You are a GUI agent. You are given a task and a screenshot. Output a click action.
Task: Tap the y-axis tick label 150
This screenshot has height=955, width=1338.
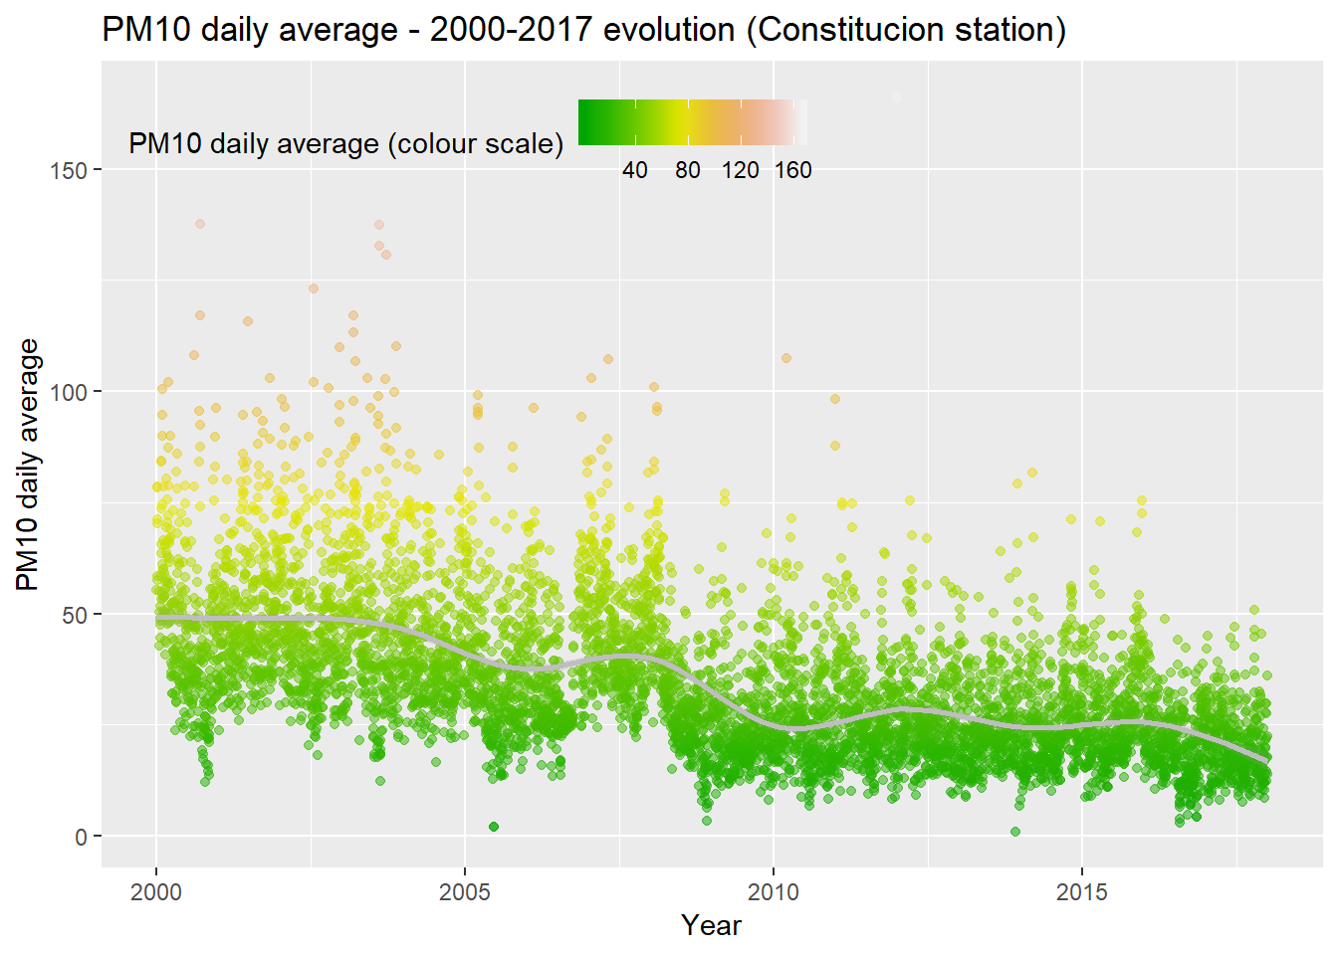68,170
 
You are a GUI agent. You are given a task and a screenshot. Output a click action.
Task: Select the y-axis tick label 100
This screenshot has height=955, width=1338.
68,392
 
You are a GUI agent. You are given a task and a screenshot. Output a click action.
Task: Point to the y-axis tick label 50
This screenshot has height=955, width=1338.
74,615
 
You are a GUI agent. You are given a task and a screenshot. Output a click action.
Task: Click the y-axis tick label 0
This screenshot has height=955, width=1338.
81,838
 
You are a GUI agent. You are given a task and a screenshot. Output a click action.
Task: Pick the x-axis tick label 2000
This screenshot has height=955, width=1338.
156,891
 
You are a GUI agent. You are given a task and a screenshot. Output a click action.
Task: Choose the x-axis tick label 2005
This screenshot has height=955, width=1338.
465,891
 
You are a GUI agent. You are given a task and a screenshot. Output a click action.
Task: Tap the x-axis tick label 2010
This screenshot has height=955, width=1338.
774,891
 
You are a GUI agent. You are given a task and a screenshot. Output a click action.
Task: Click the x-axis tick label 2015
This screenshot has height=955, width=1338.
1082,891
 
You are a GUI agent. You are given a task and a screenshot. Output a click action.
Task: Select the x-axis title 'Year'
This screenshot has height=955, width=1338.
712,925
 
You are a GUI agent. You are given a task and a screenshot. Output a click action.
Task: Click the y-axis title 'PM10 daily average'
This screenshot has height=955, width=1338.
28,465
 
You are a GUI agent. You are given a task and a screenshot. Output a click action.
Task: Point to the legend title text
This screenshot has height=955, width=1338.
346,144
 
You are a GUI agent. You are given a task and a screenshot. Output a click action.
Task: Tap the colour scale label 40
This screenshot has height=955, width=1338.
635,170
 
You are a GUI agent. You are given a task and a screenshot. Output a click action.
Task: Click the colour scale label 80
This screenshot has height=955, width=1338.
688,170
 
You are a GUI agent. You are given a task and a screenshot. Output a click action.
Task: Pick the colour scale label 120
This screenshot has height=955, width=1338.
741,170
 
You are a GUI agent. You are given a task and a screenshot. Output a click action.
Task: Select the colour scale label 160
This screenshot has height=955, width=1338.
793,170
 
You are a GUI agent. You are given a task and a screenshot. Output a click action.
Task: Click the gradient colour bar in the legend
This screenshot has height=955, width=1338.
693,122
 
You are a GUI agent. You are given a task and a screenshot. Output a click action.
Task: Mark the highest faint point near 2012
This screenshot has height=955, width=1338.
896,97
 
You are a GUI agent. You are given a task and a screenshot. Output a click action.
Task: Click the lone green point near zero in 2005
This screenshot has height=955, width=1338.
494,827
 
